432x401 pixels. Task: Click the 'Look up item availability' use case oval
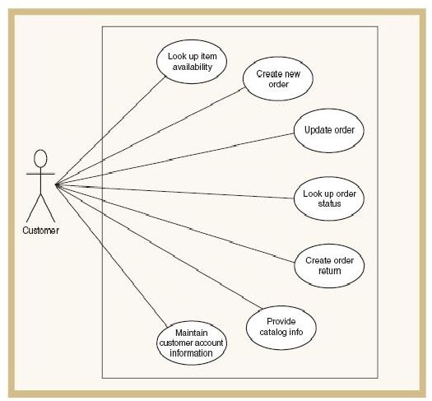click(192, 62)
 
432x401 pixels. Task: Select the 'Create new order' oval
click(278, 79)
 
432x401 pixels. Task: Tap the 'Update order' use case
click(328, 131)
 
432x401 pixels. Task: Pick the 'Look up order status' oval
click(329, 198)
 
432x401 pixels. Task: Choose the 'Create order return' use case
click(329, 266)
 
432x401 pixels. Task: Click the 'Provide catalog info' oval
click(281, 328)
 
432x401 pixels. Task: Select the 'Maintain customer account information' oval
click(192, 343)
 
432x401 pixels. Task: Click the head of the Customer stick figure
click(40, 158)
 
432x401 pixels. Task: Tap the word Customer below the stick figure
click(41, 231)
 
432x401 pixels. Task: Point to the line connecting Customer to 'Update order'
click(174, 159)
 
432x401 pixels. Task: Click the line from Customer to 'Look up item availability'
click(111, 131)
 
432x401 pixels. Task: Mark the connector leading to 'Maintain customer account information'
click(111, 256)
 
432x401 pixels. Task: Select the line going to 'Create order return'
click(175, 223)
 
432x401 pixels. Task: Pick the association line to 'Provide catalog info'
click(159, 247)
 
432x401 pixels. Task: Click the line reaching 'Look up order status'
click(174, 192)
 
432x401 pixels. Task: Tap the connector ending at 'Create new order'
click(151, 136)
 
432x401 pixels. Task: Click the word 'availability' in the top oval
click(193, 68)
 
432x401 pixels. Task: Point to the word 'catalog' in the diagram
click(272, 332)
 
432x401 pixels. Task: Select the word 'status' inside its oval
click(329, 203)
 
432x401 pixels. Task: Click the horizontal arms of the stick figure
click(40, 174)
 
